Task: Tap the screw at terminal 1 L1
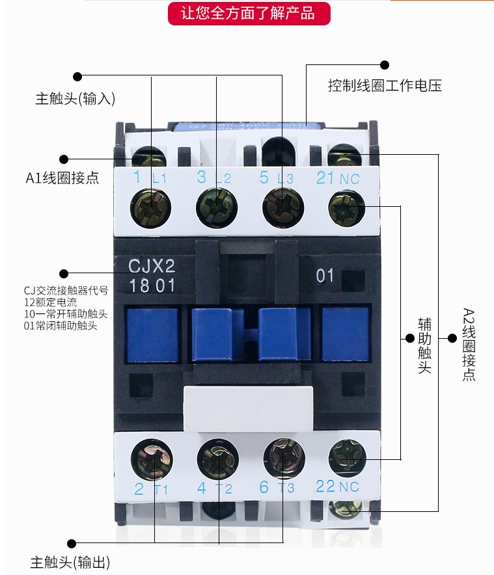(150, 207)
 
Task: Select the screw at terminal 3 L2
(217, 207)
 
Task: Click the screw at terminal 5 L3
(283, 207)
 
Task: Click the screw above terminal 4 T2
(218, 457)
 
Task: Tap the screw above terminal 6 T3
(284, 457)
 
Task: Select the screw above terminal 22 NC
(347, 457)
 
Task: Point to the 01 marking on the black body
(325, 276)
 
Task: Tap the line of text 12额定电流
(49, 302)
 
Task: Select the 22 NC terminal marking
(337, 486)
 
